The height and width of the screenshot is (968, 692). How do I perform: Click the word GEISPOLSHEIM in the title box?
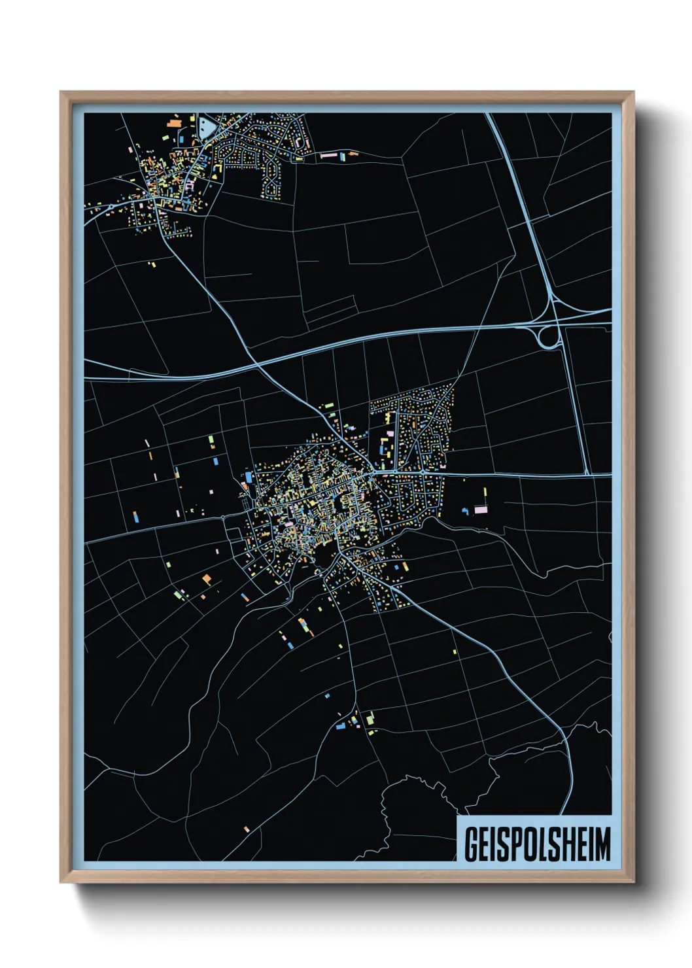point(537,844)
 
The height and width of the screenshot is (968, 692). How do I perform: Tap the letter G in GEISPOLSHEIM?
point(470,844)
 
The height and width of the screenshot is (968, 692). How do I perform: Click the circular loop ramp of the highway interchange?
point(547,337)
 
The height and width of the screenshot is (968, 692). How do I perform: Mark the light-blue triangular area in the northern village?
point(205,127)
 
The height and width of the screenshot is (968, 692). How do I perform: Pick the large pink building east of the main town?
point(481,509)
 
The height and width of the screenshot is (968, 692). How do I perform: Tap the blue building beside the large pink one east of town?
point(466,510)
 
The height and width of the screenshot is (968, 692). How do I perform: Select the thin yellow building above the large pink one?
point(485,494)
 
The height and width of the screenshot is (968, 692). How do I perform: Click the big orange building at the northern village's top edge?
point(174,122)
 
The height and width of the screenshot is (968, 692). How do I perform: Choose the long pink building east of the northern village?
point(328,156)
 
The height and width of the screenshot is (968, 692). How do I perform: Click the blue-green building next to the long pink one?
point(342,157)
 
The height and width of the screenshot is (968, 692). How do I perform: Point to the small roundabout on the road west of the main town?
point(224,517)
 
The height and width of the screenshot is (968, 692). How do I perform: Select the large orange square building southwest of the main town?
point(207,579)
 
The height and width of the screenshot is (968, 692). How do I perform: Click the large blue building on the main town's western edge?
point(249,476)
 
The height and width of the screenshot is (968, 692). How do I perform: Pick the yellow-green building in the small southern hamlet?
point(370,719)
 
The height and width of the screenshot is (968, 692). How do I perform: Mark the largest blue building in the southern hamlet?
point(340,726)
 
